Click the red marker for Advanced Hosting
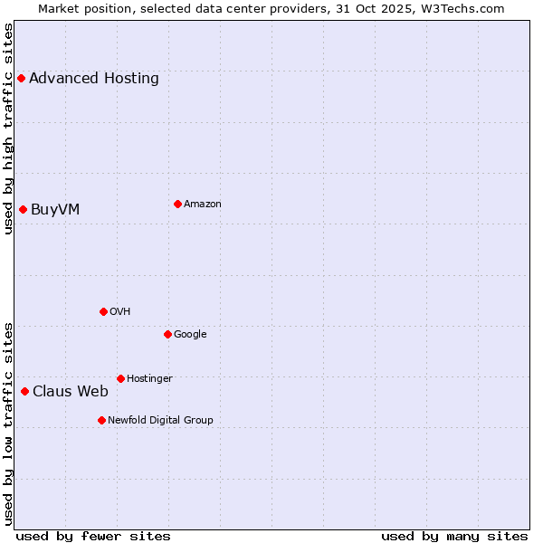tap(21, 79)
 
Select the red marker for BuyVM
tap(23, 210)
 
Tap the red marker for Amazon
tap(177, 204)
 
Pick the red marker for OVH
tap(103, 311)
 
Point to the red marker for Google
tap(167, 334)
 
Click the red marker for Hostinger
tap(120, 378)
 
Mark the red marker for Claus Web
tap(24, 391)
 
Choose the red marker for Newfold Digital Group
tap(101, 420)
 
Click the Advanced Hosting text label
tap(94, 79)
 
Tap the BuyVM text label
tap(55, 210)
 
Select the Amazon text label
tap(203, 205)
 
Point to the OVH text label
tap(120, 312)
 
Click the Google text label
tap(190, 335)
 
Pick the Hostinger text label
tap(149, 379)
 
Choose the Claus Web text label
tap(71, 392)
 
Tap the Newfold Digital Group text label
tap(160, 421)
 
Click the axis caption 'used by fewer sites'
tap(93, 536)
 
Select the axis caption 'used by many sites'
tap(454, 536)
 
